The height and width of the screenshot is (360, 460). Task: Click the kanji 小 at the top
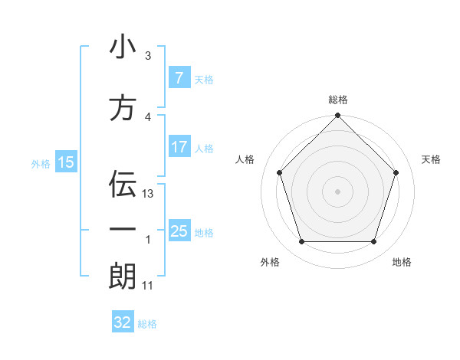[x=123, y=47]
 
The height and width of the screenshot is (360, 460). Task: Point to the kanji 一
[x=123, y=229]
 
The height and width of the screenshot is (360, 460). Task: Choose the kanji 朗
[x=123, y=276]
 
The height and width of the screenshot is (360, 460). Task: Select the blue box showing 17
[x=179, y=147]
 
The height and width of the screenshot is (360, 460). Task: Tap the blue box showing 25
[x=179, y=231]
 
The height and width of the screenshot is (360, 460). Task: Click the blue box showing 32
[x=123, y=322]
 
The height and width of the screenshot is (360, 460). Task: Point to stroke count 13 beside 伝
[x=149, y=194]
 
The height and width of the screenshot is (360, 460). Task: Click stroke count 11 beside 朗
[x=148, y=286]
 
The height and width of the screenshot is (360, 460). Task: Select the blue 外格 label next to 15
[x=41, y=163]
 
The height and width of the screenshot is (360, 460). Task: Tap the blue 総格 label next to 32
[x=147, y=324]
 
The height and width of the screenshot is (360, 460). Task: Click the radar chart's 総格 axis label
[x=338, y=100]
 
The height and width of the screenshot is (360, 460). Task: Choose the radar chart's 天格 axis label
[x=431, y=159]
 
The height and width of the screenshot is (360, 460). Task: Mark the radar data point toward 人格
[x=280, y=172]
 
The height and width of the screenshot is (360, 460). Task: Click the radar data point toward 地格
[x=373, y=242]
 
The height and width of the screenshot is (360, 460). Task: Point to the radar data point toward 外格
[x=301, y=242]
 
